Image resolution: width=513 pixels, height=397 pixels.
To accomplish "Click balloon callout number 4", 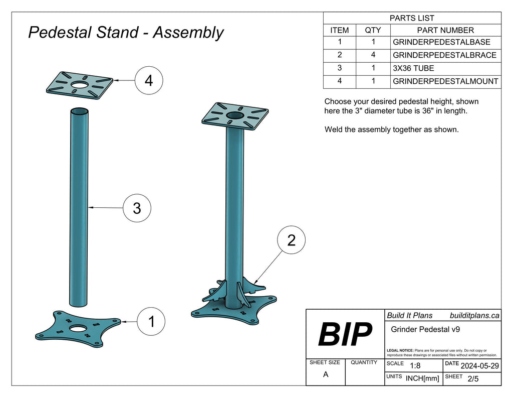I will tap(149, 80).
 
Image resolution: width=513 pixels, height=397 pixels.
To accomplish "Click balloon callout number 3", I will tap(137, 207).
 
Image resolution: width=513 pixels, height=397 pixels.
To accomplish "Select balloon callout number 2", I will tap(291, 240).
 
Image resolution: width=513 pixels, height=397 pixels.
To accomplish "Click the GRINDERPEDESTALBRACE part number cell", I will tap(445, 55).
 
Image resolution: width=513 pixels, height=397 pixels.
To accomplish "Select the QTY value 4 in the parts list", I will tap(373, 55).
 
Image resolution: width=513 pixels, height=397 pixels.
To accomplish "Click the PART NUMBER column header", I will tap(445, 30).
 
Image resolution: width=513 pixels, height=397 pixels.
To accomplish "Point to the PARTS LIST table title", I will tap(412, 18).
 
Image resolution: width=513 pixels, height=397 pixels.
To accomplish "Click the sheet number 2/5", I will tap(472, 379).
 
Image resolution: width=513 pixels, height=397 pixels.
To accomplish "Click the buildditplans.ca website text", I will tap(474, 315).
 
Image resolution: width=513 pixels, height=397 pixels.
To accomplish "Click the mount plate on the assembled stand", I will tap(234, 116).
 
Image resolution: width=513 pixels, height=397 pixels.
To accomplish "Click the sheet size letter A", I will tap(326, 374).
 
